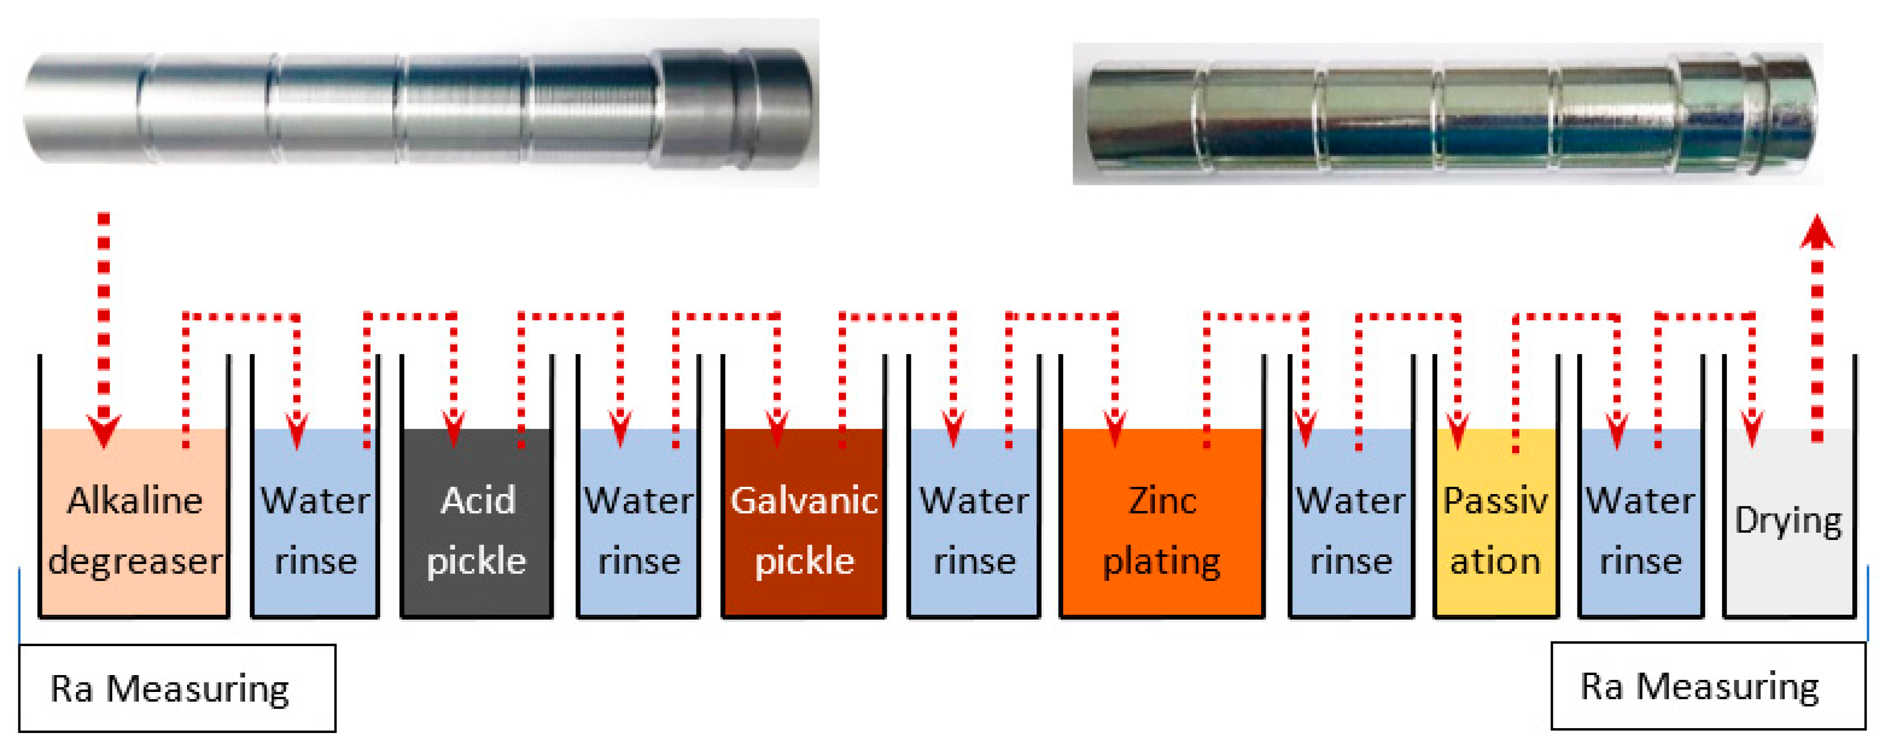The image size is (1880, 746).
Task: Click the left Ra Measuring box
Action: [177, 688]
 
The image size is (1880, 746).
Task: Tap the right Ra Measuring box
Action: [1708, 686]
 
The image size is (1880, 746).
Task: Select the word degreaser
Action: [135, 561]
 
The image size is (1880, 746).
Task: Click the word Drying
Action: [1788, 521]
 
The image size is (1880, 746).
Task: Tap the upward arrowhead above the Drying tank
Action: [1817, 232]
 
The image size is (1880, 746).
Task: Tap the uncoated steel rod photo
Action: [419, 106]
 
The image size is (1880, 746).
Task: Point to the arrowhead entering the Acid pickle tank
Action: [454, 431]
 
